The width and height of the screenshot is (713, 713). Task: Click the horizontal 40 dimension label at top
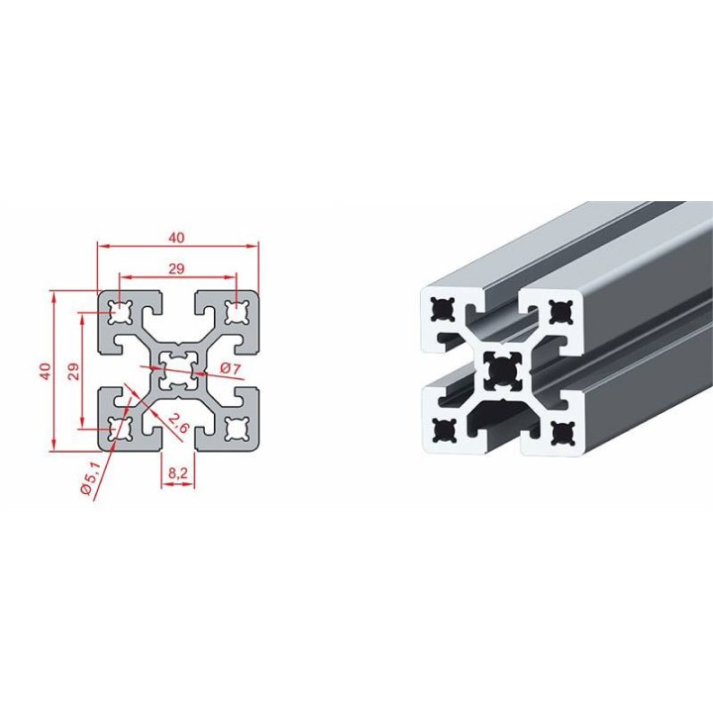coord(177,238)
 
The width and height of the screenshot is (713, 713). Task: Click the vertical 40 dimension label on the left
coord(45,371)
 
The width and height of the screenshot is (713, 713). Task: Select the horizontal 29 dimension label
coord(177,268)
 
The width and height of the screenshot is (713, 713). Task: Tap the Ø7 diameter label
coord(230,368)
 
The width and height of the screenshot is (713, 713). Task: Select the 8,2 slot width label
coord(178,473)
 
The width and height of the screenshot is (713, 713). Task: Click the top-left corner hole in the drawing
coord(120,312)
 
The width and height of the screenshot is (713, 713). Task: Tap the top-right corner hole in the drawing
coord(238,312)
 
